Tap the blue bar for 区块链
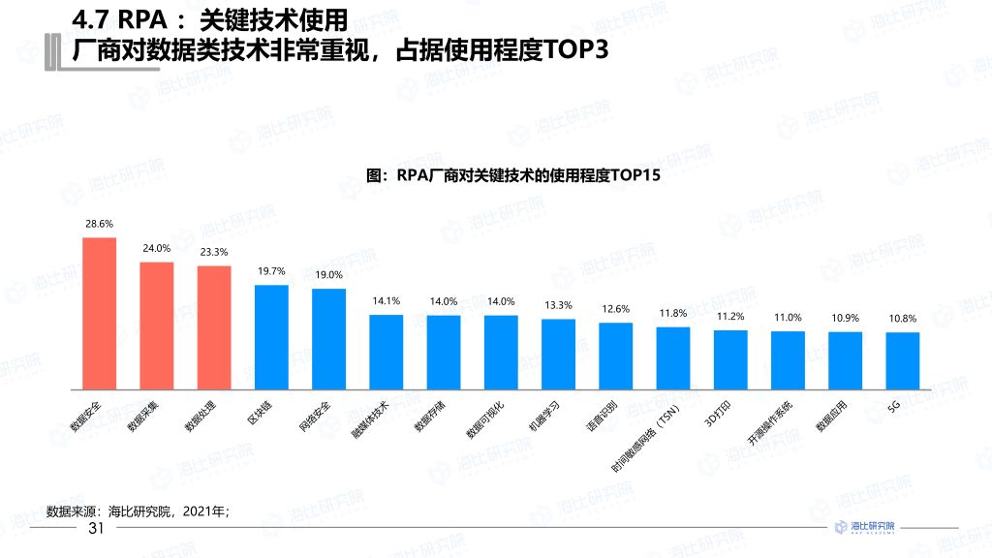tap(271, 335)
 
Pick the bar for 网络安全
tap(328, 337)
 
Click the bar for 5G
tap(902, 359)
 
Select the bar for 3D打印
tap(730, 357)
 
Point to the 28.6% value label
tap(99, 224)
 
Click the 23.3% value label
tap(213, 252)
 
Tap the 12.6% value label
tap(615, 309)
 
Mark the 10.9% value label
tap(845, 319)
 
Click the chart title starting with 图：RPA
tap(513, 177)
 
